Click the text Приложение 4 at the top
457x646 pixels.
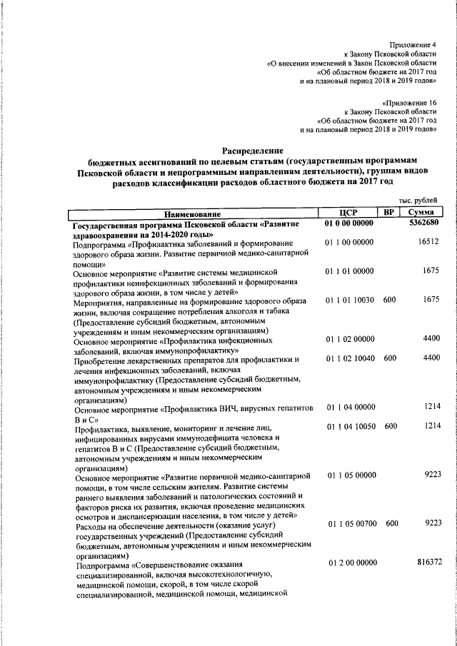coord(413,44)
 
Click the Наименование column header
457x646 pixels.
coord(192,213)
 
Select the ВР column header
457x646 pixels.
coord(388,212)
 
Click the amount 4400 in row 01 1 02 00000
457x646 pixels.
coord(431,338)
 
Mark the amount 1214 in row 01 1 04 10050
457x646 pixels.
coord(431,426)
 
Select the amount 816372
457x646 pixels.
coord(429,562)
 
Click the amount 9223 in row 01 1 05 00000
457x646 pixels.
coord(431,474)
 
